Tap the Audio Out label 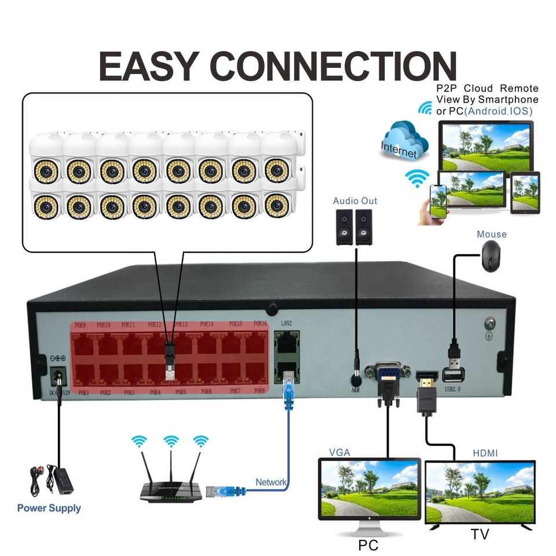(x=355, y=201)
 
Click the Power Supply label (x=49, y=509)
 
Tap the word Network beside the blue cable (x=271, y=482)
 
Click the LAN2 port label (x=286, y=323)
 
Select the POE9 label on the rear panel (x=79, y=325)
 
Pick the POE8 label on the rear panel (x=259, y=392)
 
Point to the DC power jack (x=58, y=377)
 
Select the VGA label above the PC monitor (x=339, y=452)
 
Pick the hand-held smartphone (x=437, y=200)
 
